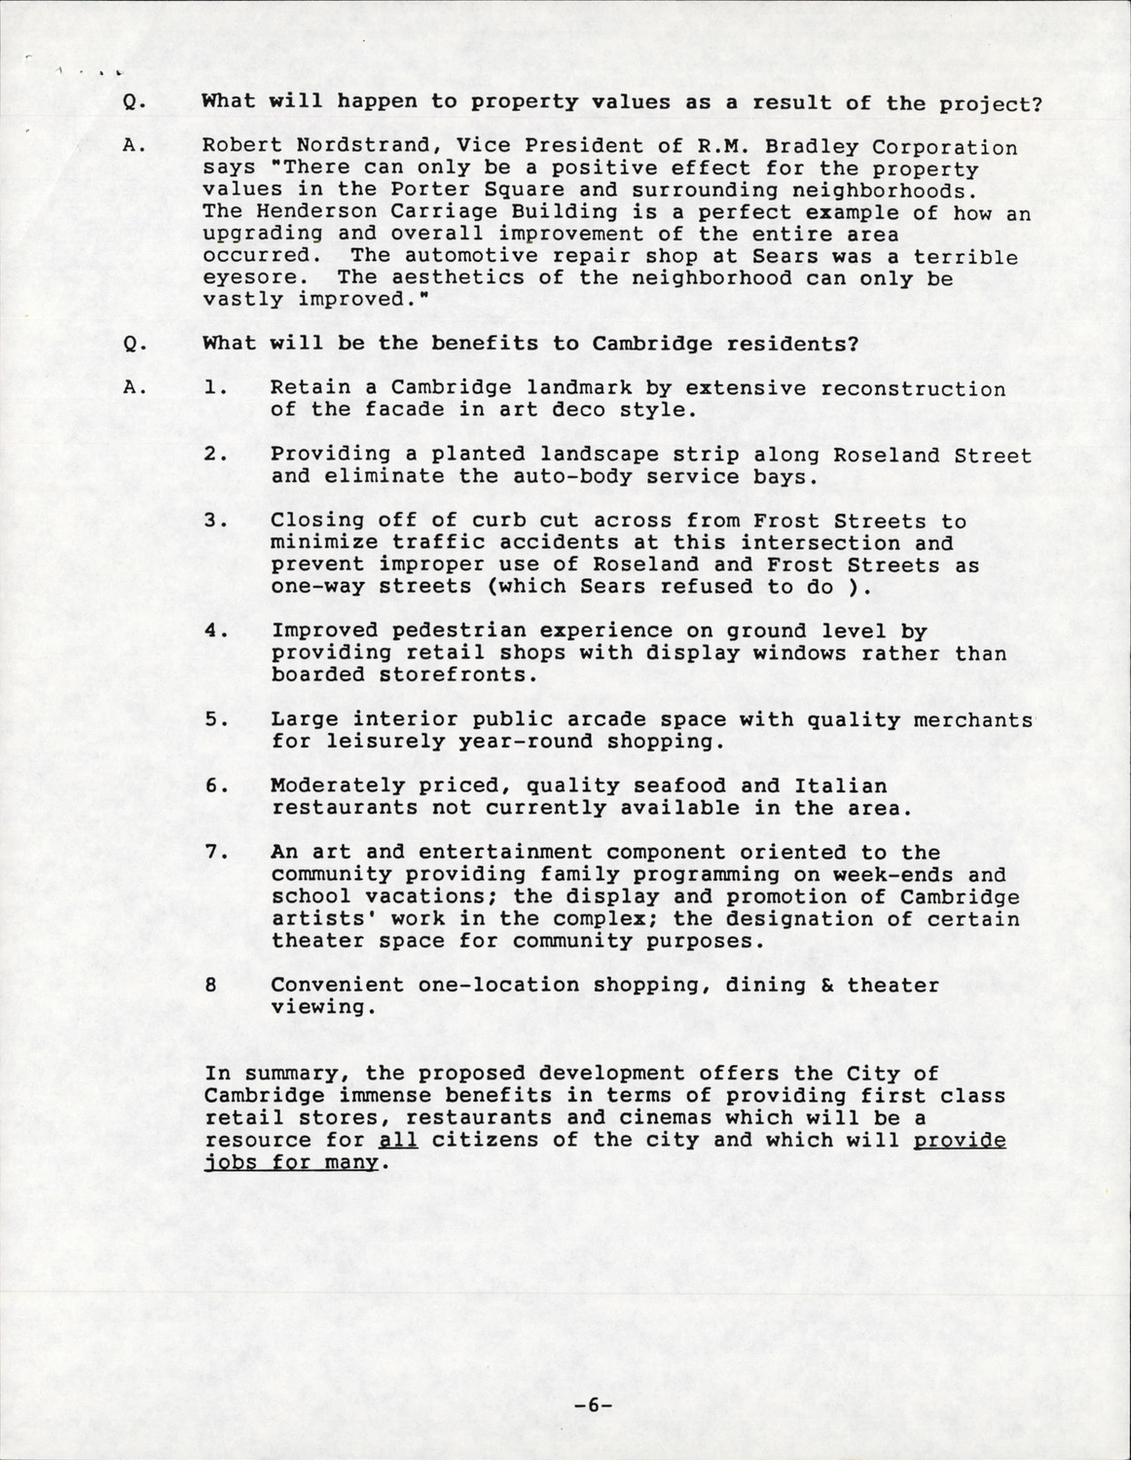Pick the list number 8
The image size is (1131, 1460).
pyautogui.click(x=211, y=985)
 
